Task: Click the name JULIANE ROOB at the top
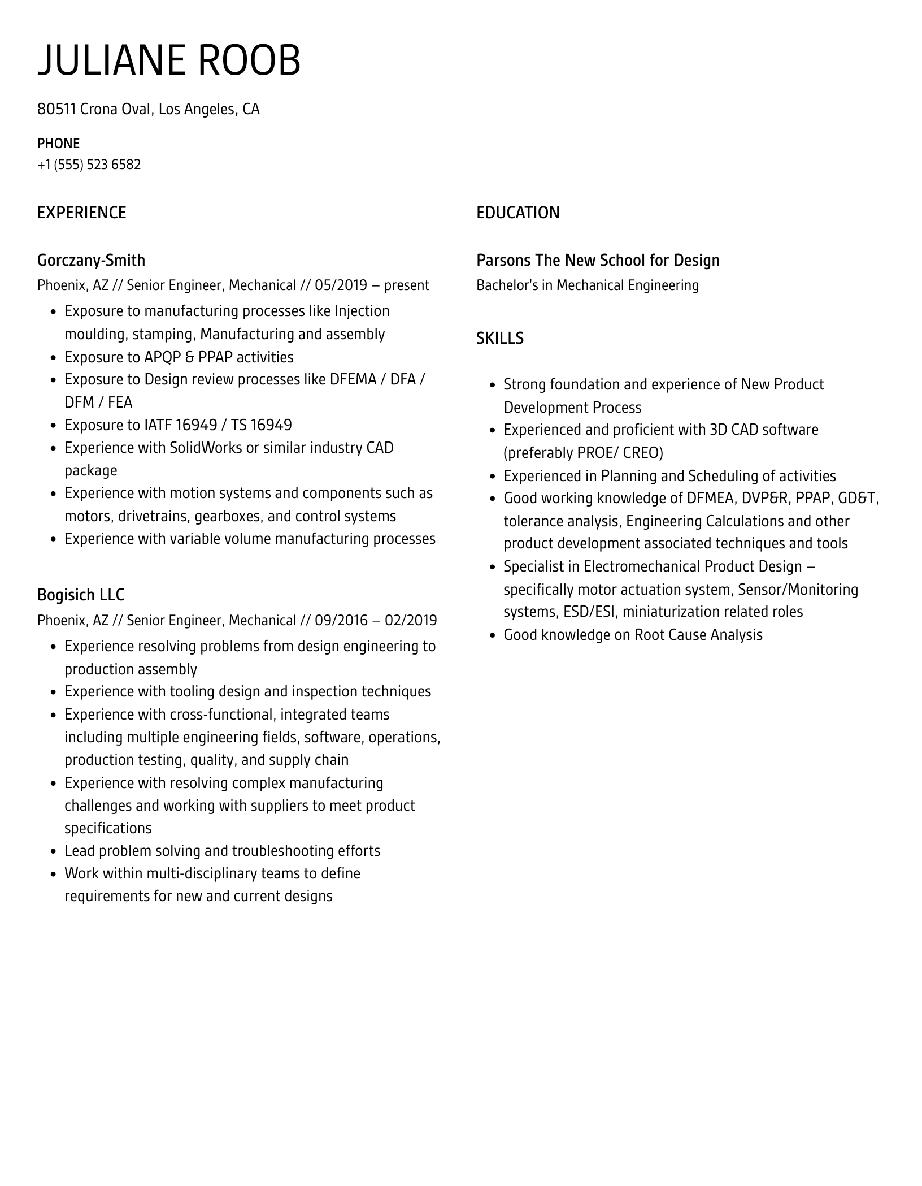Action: pyautogui.click(x=169, y=60)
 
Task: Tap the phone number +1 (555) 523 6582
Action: pyautogui.click(x=89, y=165)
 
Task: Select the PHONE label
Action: pyautogui.click(x=58, y=144)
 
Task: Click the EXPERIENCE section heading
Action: pyautogui.click(x=81, y=213)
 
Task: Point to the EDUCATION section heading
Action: pyautogui.click(x=517, y=213)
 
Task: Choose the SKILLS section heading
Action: pyautogui.click(x=499, y=338)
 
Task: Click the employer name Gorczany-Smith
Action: pyautogui.click(x=91, y=260)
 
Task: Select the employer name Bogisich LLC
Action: pyautogui.click(x=81, y=595)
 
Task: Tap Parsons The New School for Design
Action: pyautogui.click(x=598, y=260)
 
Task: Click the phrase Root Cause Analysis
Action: pyautogui.click(x=698, y=635)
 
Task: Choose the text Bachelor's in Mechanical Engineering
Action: pyautogui.click(x=587, y=285)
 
